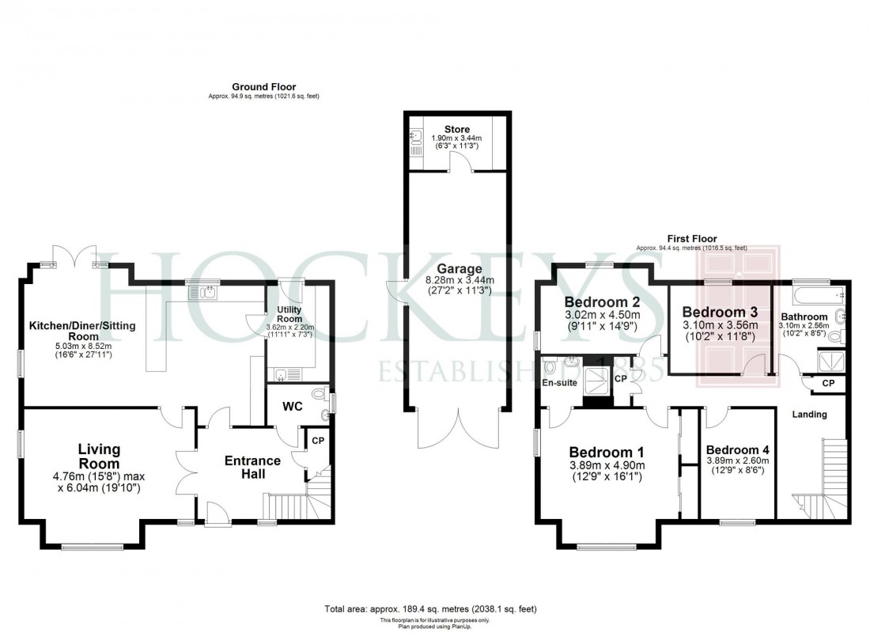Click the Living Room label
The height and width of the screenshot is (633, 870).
99,457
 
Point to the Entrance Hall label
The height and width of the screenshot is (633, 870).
252,467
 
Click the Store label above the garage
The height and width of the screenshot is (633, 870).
456,129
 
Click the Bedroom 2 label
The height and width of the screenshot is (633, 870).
602,302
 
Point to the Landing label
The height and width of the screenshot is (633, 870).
809,414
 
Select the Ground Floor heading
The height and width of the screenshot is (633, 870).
263,86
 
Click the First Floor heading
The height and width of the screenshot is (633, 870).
691,238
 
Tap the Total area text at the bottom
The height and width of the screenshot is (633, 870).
431,609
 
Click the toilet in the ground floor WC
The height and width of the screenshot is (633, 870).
318,393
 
